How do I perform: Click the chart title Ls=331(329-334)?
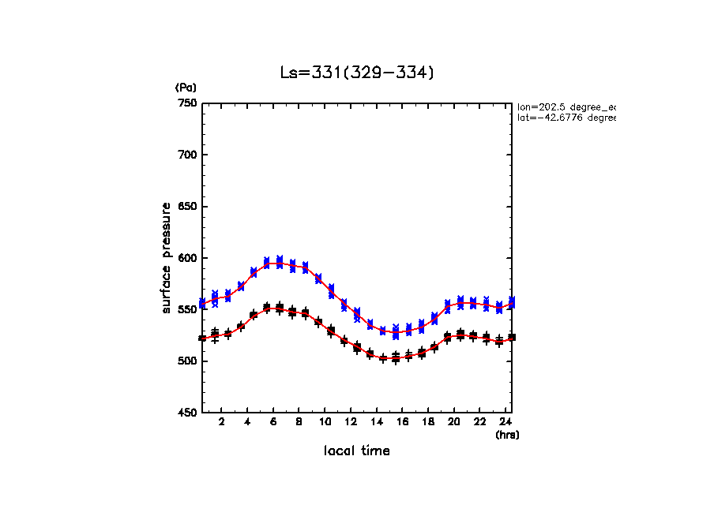[357, 73]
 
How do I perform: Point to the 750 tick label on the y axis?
[187, 103]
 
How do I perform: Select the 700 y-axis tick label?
[187, 155]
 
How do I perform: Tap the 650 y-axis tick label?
[187, 207]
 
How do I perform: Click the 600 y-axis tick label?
[187, 258]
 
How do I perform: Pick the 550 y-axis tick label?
[187, 309]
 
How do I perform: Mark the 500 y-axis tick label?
[187, 361]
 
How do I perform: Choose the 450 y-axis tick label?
[187, 413]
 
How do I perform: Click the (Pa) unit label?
[186, 88]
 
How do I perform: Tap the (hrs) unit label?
[507, 435]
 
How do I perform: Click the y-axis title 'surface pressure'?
[167, 257]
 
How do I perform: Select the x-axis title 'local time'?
[357, 451]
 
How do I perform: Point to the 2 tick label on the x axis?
[222, 422]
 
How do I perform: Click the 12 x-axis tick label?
[351, 422]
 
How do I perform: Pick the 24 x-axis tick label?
[505, 422]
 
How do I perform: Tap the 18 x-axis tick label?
[428, 422]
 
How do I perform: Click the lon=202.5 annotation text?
[566, 107]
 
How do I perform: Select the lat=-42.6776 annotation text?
[566, 118]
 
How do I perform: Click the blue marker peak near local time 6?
[273, 262]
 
